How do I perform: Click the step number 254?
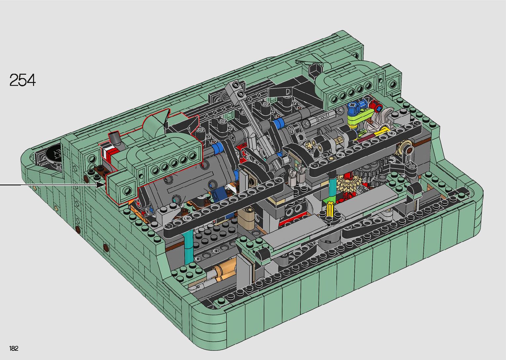[22, 80]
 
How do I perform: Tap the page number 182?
[14, 348]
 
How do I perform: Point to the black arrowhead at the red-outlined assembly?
[101, 185]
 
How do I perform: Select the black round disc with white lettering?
[54, 154]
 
